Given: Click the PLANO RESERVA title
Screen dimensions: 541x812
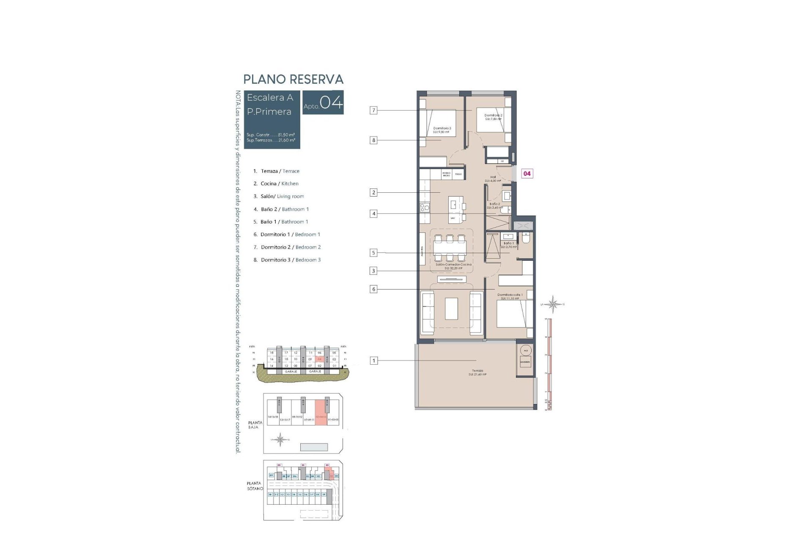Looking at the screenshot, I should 293,79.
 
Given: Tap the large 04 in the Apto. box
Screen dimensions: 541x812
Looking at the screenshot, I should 331,102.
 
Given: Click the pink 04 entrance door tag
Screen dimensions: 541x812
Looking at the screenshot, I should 527,173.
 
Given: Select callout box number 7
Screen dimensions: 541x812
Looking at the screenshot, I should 373,110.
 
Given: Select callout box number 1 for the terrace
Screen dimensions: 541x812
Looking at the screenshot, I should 373,361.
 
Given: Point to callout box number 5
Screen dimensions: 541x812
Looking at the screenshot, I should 373,253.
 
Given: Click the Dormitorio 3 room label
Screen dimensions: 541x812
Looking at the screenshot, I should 442,130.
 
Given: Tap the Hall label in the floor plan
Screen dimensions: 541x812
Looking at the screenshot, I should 493,179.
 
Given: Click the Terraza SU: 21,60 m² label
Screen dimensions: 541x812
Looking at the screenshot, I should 477,372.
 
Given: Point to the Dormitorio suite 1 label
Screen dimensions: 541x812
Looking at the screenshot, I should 510,296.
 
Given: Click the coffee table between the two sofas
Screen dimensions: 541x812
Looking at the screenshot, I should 451,309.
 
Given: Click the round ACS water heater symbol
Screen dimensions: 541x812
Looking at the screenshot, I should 526,350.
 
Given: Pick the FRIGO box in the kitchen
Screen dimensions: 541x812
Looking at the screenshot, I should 458,174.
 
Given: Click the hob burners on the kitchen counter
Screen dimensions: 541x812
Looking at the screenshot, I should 424,207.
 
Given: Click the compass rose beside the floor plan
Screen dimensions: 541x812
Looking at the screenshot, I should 552,304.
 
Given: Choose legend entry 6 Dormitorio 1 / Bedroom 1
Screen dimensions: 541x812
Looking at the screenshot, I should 287,234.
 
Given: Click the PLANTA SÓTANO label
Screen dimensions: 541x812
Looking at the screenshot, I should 255,486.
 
